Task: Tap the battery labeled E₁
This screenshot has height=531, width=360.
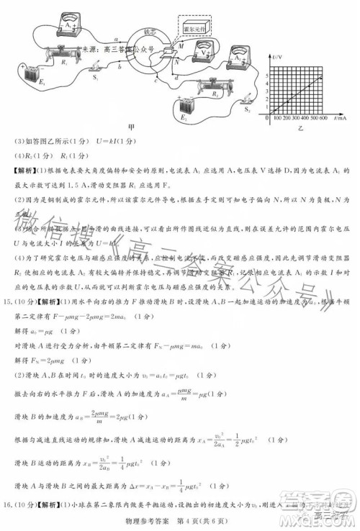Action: (x=17, y=74)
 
